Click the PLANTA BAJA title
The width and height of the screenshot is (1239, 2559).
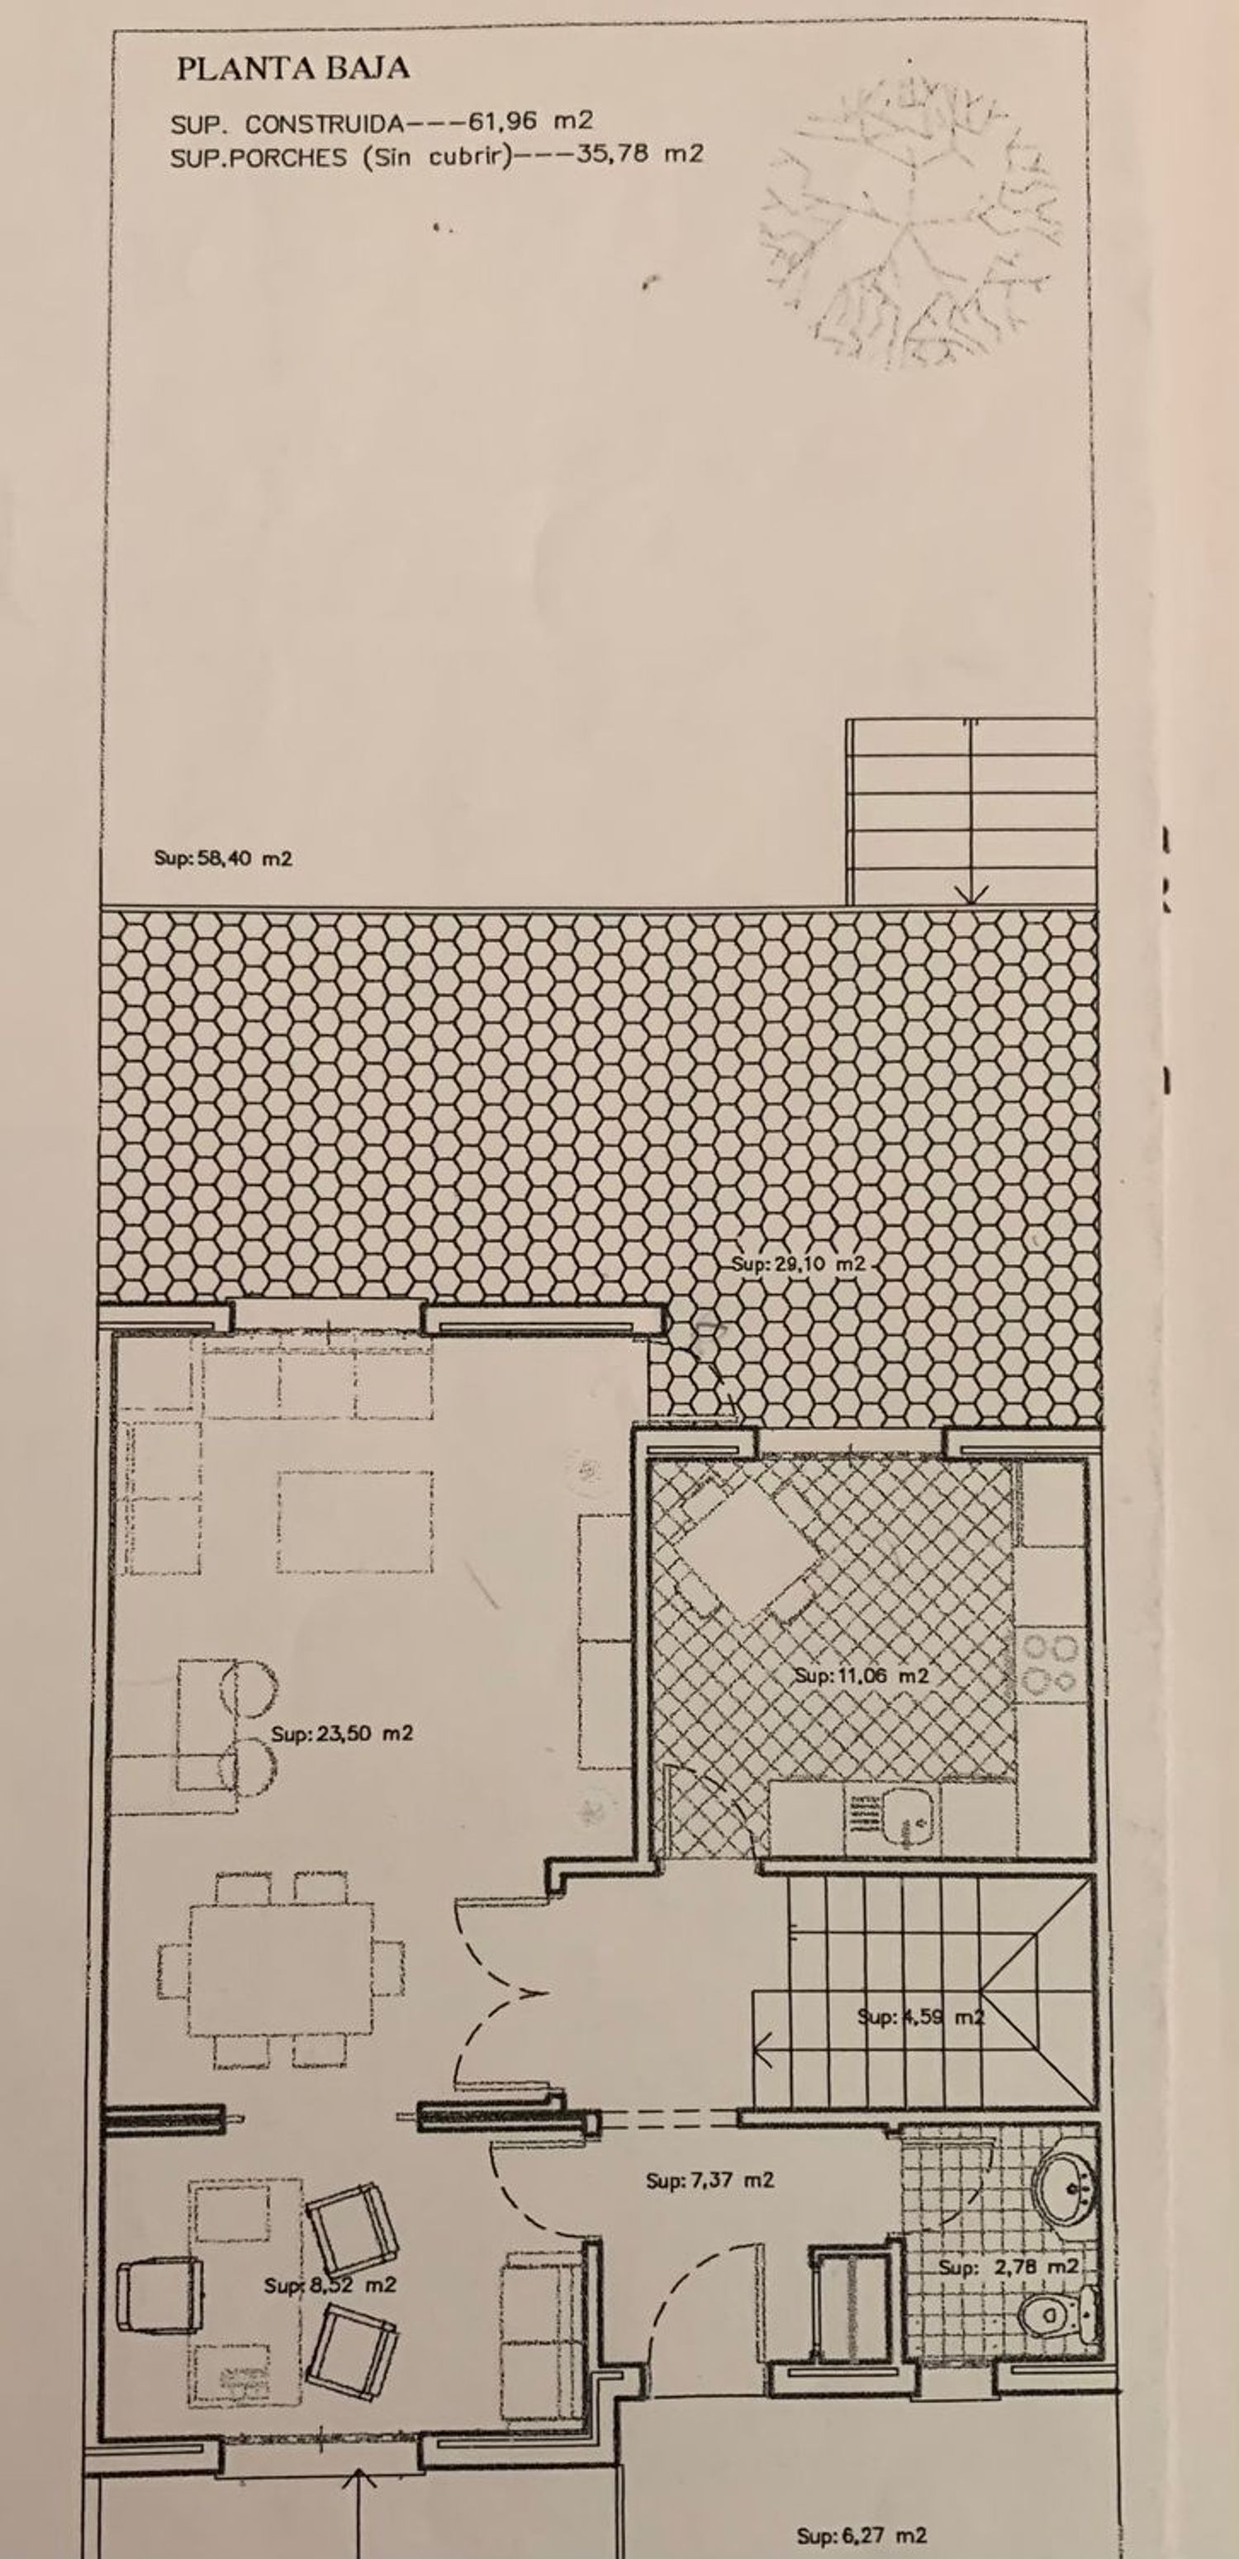click(x=293, y=69)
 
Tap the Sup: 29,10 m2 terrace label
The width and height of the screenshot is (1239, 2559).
click(x=799, y=1264)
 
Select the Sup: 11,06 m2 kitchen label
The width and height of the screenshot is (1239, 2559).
click(x=862, y=1675)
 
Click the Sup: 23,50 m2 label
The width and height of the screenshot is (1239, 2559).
click(x=342, y=1732)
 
